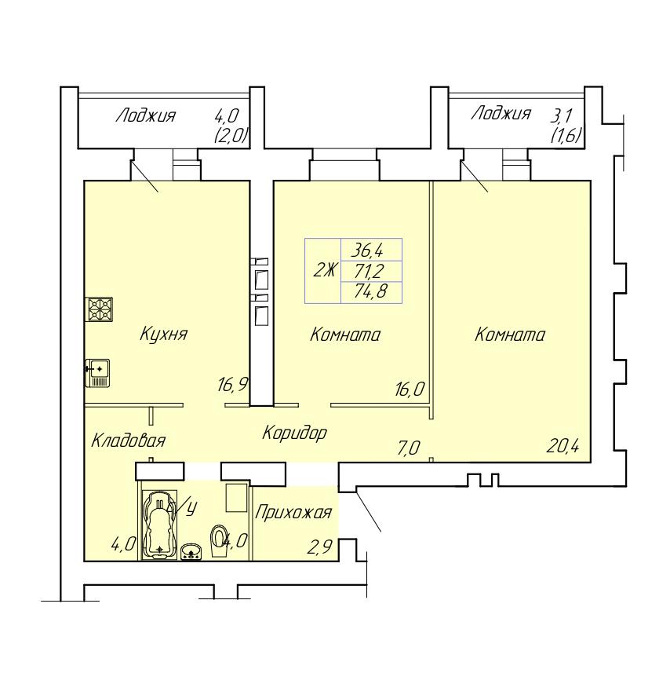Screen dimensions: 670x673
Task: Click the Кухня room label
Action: click(x=164, y=335)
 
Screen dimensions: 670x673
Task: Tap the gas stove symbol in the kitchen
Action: click(x=100, y=309)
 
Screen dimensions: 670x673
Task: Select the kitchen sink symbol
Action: click(x=97, y=373)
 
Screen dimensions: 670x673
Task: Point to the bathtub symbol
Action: click(x=159, y=525)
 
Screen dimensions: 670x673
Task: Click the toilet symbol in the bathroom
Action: click(x=219, y=541)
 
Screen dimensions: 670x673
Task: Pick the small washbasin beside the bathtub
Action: click(x=192, y=551)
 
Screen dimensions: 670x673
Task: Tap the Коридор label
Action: click(x=294, y=433)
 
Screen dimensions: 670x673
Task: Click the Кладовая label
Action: click(x=129, y=441)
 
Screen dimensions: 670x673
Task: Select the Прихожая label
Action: click(x=293, y=513)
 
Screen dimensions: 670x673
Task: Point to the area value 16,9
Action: click(x=233, y=385)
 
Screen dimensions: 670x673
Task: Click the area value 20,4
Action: click(x=563, y=447)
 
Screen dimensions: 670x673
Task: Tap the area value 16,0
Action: click(x=410, y=390)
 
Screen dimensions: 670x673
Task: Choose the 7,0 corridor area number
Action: click(x=409, y=448)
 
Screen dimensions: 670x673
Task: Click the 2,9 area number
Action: click(x=320, y=547)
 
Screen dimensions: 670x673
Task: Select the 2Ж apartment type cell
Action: click(x=325, y=271)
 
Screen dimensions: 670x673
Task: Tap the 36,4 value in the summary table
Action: click(x=367, y=250)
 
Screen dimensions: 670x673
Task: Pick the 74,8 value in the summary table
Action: click(x=370, y=292)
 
